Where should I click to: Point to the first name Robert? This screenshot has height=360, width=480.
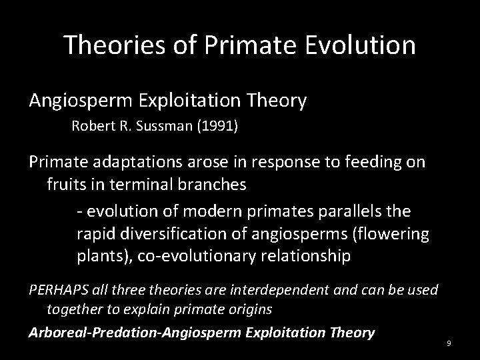click(91, 127)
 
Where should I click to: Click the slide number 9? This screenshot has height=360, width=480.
click(449, 343)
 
